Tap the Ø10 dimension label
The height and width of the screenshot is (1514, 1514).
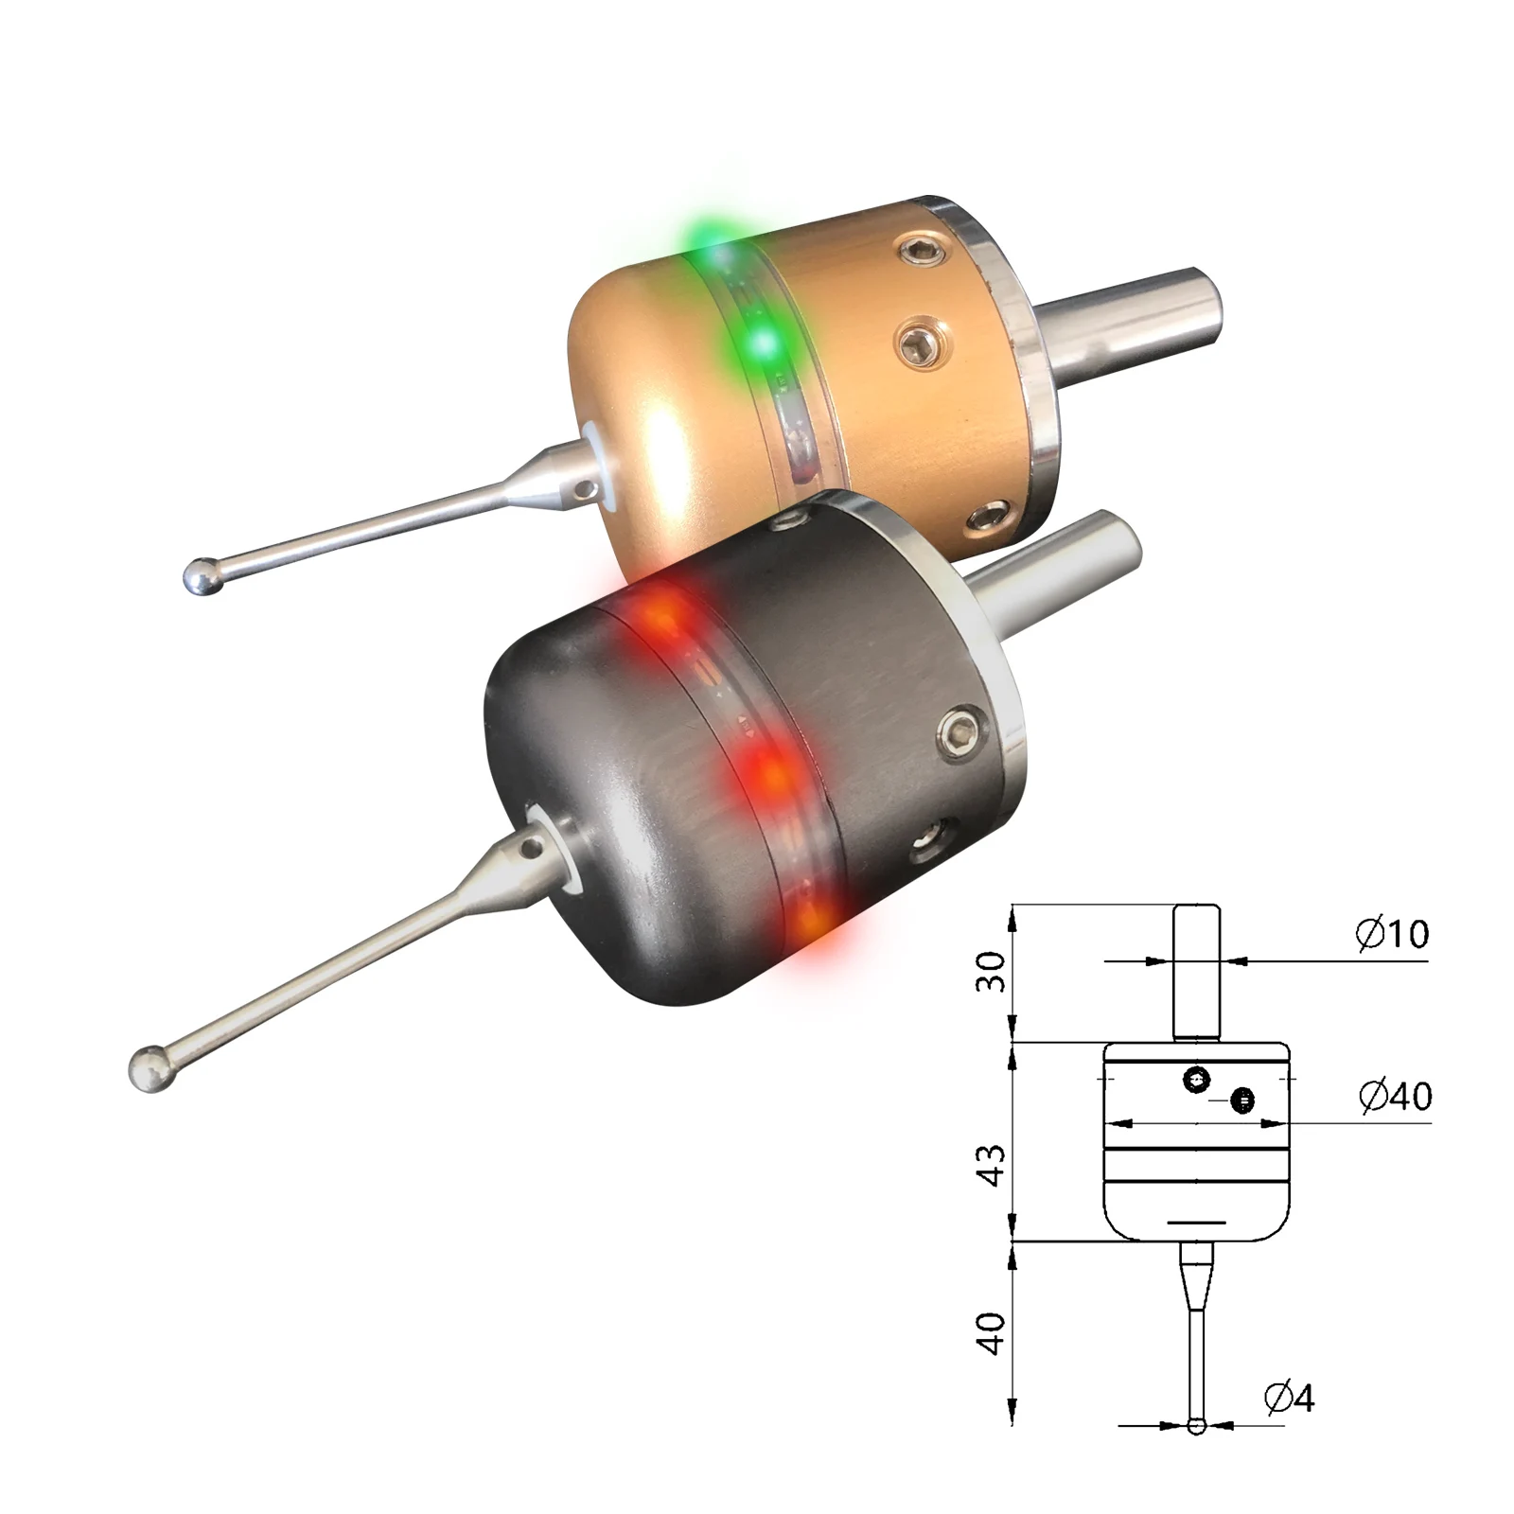click(x=1391, y=934)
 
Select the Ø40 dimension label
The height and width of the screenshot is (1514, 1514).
click(x=1395, y=1096)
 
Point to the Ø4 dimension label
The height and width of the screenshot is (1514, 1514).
click(x=1289, y=1397)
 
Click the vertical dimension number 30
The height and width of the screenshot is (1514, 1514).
click(x=991, y=972)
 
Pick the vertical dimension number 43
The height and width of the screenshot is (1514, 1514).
click(x=991, y=1165)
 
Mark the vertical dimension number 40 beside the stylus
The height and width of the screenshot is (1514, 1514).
click(x=991, y=1333)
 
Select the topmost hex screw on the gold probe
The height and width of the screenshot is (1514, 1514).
click(x=919, y=253)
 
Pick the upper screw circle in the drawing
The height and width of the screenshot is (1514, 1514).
click(x=1197, y=1079)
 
